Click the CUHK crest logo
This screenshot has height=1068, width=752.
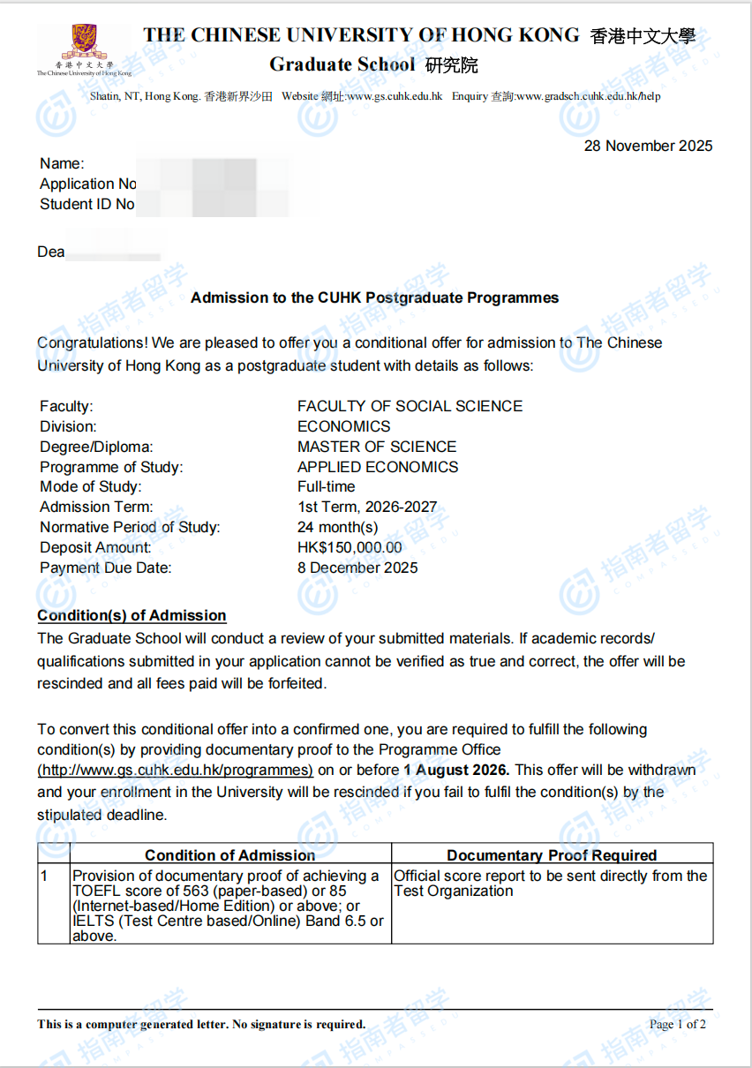point(84,41)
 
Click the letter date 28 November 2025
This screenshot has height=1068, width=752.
point(648,147)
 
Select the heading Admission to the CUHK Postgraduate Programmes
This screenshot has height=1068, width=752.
point(375,298)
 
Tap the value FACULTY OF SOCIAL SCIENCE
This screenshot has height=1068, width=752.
point(410,407)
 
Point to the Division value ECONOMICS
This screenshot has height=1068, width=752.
point(343,427)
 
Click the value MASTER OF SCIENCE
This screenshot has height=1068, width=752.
point(377,448)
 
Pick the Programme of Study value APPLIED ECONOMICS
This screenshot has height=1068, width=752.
point(378,468)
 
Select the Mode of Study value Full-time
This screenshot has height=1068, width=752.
point(326,487)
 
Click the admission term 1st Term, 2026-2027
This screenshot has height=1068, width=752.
point(367,508)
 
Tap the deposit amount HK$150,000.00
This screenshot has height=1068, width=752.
point(350,548)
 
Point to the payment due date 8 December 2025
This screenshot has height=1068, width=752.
point(357,568)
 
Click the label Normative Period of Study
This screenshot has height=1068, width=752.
point(130,528)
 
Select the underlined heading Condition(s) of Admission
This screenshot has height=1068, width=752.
point(132,616)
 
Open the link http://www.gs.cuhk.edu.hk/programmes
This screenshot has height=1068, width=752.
point(175,771)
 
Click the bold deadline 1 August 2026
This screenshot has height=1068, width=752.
point(456,771)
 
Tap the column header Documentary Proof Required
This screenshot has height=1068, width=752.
point(552,855)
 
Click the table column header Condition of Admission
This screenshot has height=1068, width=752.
point(229,855)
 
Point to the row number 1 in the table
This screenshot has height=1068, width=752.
point(44,876)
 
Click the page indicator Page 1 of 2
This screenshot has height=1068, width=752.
point(677,1025)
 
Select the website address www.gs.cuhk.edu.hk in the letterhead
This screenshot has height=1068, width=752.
point(395,96)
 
